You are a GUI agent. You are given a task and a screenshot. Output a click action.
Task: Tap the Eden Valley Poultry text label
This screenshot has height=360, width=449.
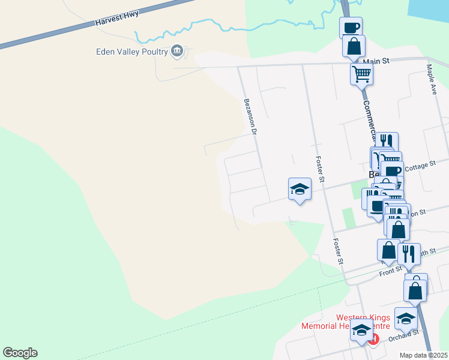tap(132, 52)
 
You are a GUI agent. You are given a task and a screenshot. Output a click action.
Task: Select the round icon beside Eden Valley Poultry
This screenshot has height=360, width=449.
tap(177, 52)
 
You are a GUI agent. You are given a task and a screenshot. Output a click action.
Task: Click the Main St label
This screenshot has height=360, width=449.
tap(376, 61)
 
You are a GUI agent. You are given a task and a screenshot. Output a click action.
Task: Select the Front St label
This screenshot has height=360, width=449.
tap(390, 271)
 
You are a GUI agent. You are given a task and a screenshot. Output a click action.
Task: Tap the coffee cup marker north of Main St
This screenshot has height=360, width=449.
tap(351, 28)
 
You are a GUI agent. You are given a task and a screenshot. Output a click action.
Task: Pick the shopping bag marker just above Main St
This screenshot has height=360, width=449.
tap(354, 46)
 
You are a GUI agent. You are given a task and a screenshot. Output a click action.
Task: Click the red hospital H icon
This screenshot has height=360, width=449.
tap(373, 340)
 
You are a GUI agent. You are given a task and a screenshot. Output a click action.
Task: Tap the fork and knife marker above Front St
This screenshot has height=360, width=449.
tap(409, 254)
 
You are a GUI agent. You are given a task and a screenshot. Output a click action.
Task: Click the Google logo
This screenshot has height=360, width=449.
tap(20, 353)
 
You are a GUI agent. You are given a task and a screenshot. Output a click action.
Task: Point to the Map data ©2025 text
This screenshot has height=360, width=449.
tap(423, 355)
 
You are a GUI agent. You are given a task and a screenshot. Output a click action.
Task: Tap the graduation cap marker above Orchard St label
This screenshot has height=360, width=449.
tap(406, 319)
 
